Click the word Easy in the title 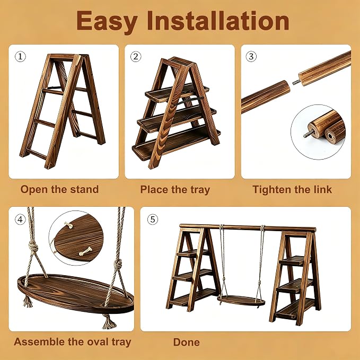pos(107,22)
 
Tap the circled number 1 pos(21,57)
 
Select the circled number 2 pos(136,57)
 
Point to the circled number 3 pos(251,57)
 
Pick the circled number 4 pos(21,219)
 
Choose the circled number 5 pos(153,219)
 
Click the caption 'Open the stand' pos(59,189)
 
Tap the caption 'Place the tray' pos(175,190)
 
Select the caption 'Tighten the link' pos(292,190)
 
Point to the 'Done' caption pos(187,342)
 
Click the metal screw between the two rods pos(295,82)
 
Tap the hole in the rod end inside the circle pos(330,137)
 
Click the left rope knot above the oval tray pos(33,248)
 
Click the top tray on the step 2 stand pos(177,93)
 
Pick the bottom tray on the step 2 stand pos(177,144)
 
